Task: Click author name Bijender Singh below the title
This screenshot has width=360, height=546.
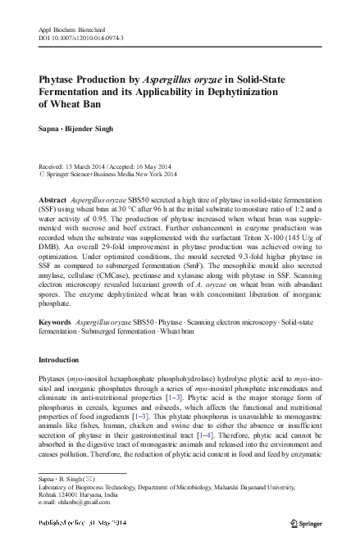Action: click(92, 130)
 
